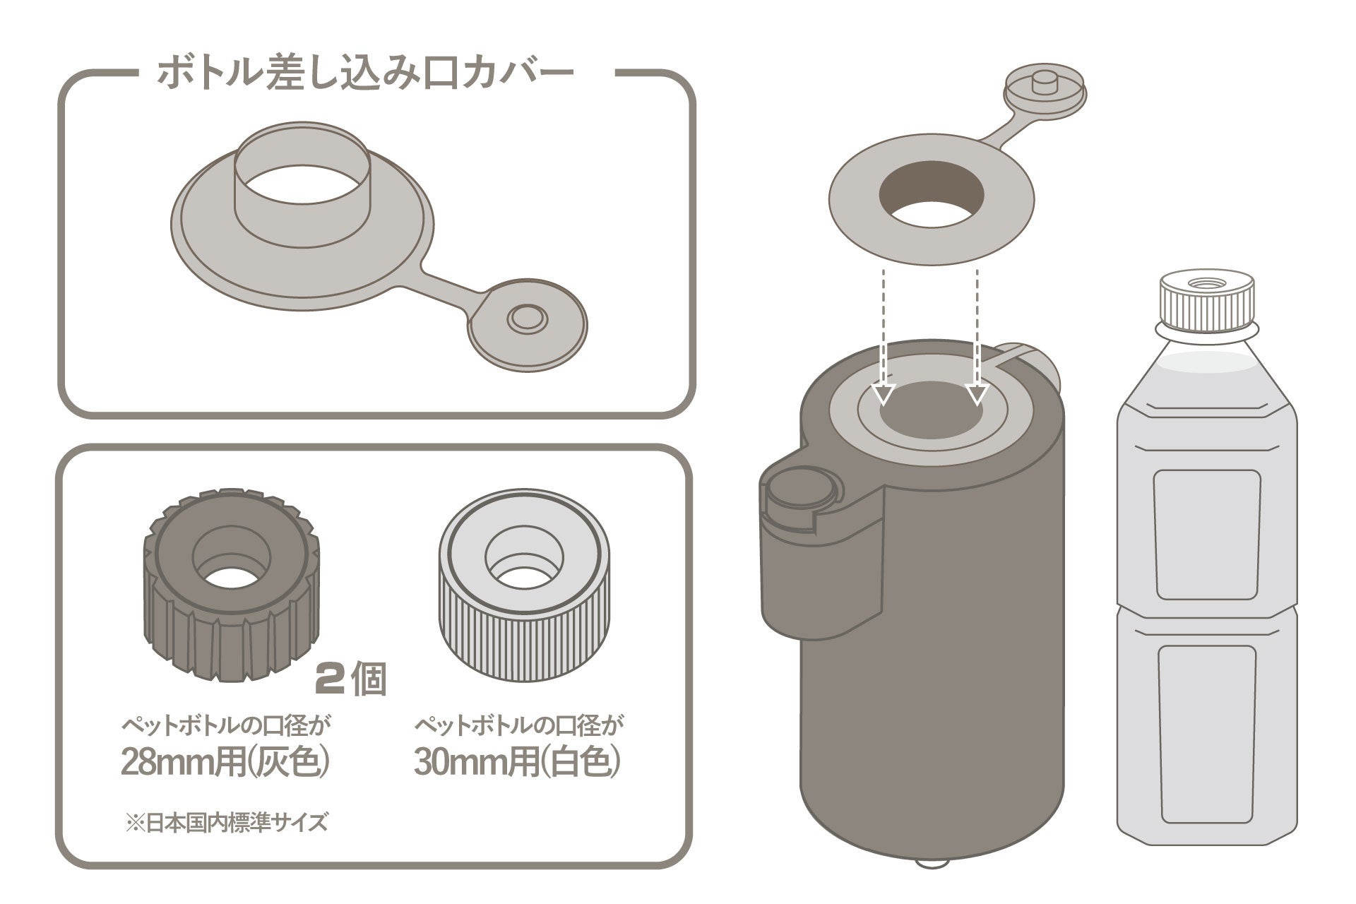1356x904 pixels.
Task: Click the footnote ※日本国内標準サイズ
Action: (x=226, y=823)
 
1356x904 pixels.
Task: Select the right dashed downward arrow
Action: (x=977, y=339)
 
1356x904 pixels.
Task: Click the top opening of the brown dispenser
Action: (x=931, y=417)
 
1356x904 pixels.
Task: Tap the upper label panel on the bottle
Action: (x=1206, y=534)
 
